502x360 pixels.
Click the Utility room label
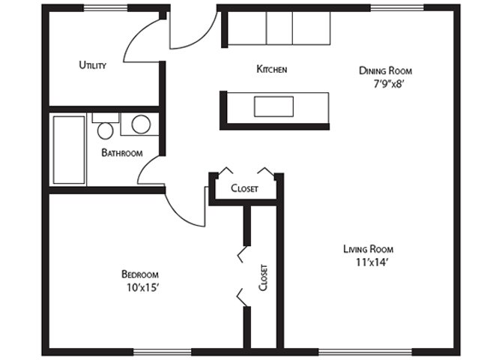click(x=92, y=65)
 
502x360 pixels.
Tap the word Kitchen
click(x=272, y=69)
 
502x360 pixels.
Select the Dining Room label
click(x=385, y=70)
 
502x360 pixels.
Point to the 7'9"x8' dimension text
click(x=390, y=84)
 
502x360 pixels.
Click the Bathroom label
click(x=122, y=153)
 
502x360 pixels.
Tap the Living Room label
click(x=369, y=249)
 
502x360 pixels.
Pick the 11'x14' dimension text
click(x=372, y=262)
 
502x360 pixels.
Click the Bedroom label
click(x=140, y=274)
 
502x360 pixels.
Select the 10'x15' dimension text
click(x=143, y=288)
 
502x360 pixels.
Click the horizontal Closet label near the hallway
click(x=244, y=188)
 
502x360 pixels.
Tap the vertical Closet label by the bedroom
click(x=263, y=277)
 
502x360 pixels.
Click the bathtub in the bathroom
click(x=69, y=150)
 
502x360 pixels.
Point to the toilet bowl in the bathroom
click(x=106, y=131)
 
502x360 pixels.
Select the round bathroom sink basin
click(x=141, y=124)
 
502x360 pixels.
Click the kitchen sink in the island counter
click(x=274, y=106)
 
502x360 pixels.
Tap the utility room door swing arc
click(x=136, y=34)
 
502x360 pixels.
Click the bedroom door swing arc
click(x=180, y=215)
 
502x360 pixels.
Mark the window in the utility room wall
click(x=106, y=8)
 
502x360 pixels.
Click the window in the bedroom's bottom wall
click(x=163, y=352)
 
